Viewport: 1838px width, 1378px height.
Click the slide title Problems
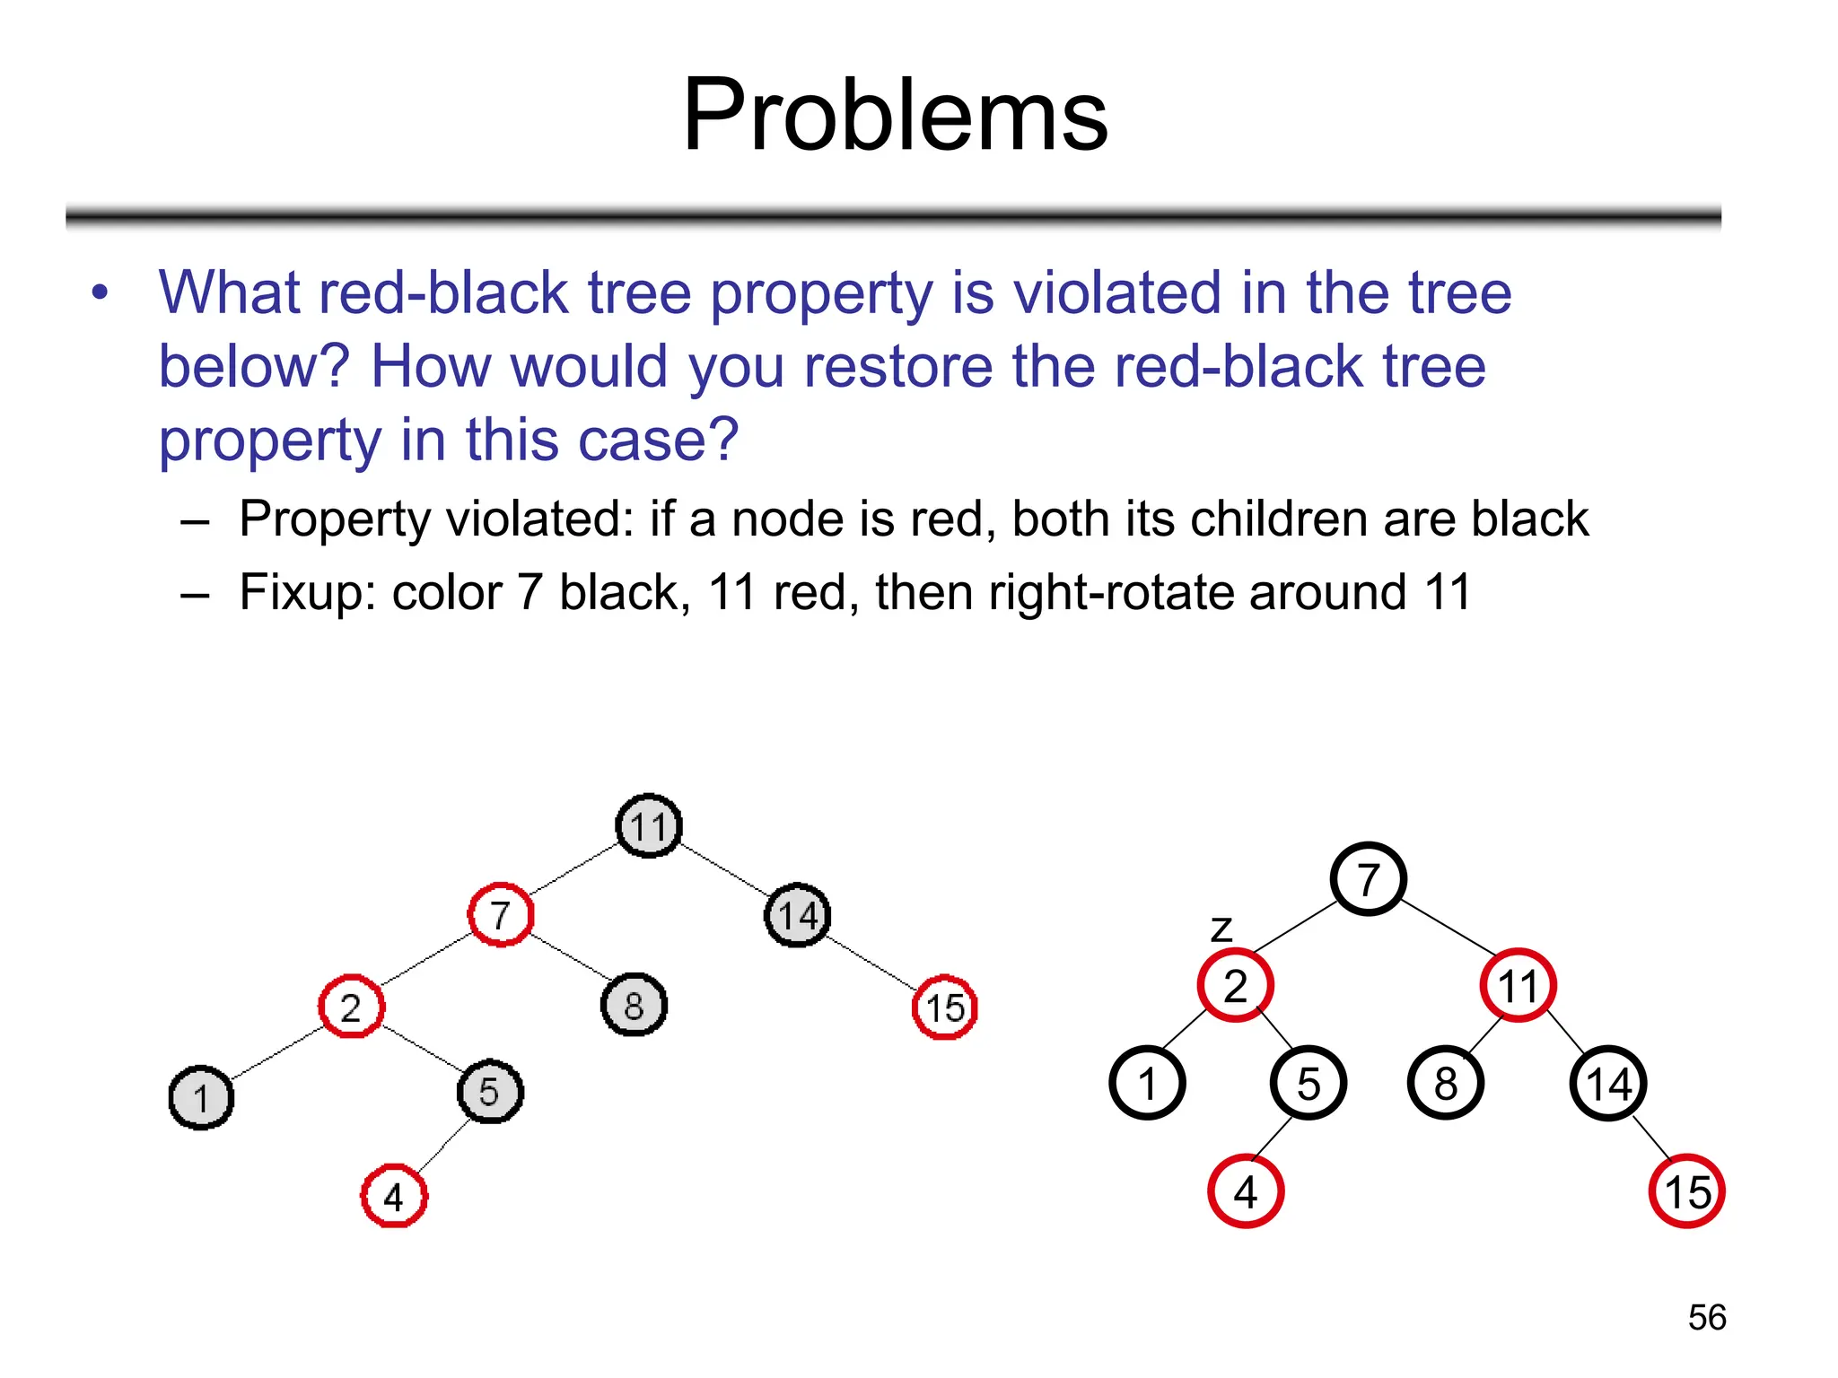point(895,115)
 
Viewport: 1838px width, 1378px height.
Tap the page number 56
point(1706,1317)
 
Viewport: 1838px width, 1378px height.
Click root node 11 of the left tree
point(649,825)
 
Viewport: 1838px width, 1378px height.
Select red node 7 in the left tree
point(501,914)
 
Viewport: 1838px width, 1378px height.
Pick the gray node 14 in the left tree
point(797,915)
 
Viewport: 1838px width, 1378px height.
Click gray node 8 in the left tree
point(634,1005)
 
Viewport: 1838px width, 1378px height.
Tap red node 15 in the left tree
point(944,1007)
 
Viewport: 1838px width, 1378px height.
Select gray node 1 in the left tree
point(201,1097)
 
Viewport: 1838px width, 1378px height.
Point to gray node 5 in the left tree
point(489,1092)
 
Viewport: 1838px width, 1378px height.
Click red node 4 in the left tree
point(394,1196)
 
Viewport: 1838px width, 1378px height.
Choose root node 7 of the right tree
point(1368,878)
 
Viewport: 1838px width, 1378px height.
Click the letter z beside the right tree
point(1221,929)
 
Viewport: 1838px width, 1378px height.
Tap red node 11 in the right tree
point(1518,985)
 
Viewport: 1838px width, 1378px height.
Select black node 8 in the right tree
point(1445,1083)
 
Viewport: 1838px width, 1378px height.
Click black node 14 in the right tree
point(1607,1083)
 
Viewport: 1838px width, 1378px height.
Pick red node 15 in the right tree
point(1686,1191)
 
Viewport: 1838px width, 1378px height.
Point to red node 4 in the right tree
point(1246,1191)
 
